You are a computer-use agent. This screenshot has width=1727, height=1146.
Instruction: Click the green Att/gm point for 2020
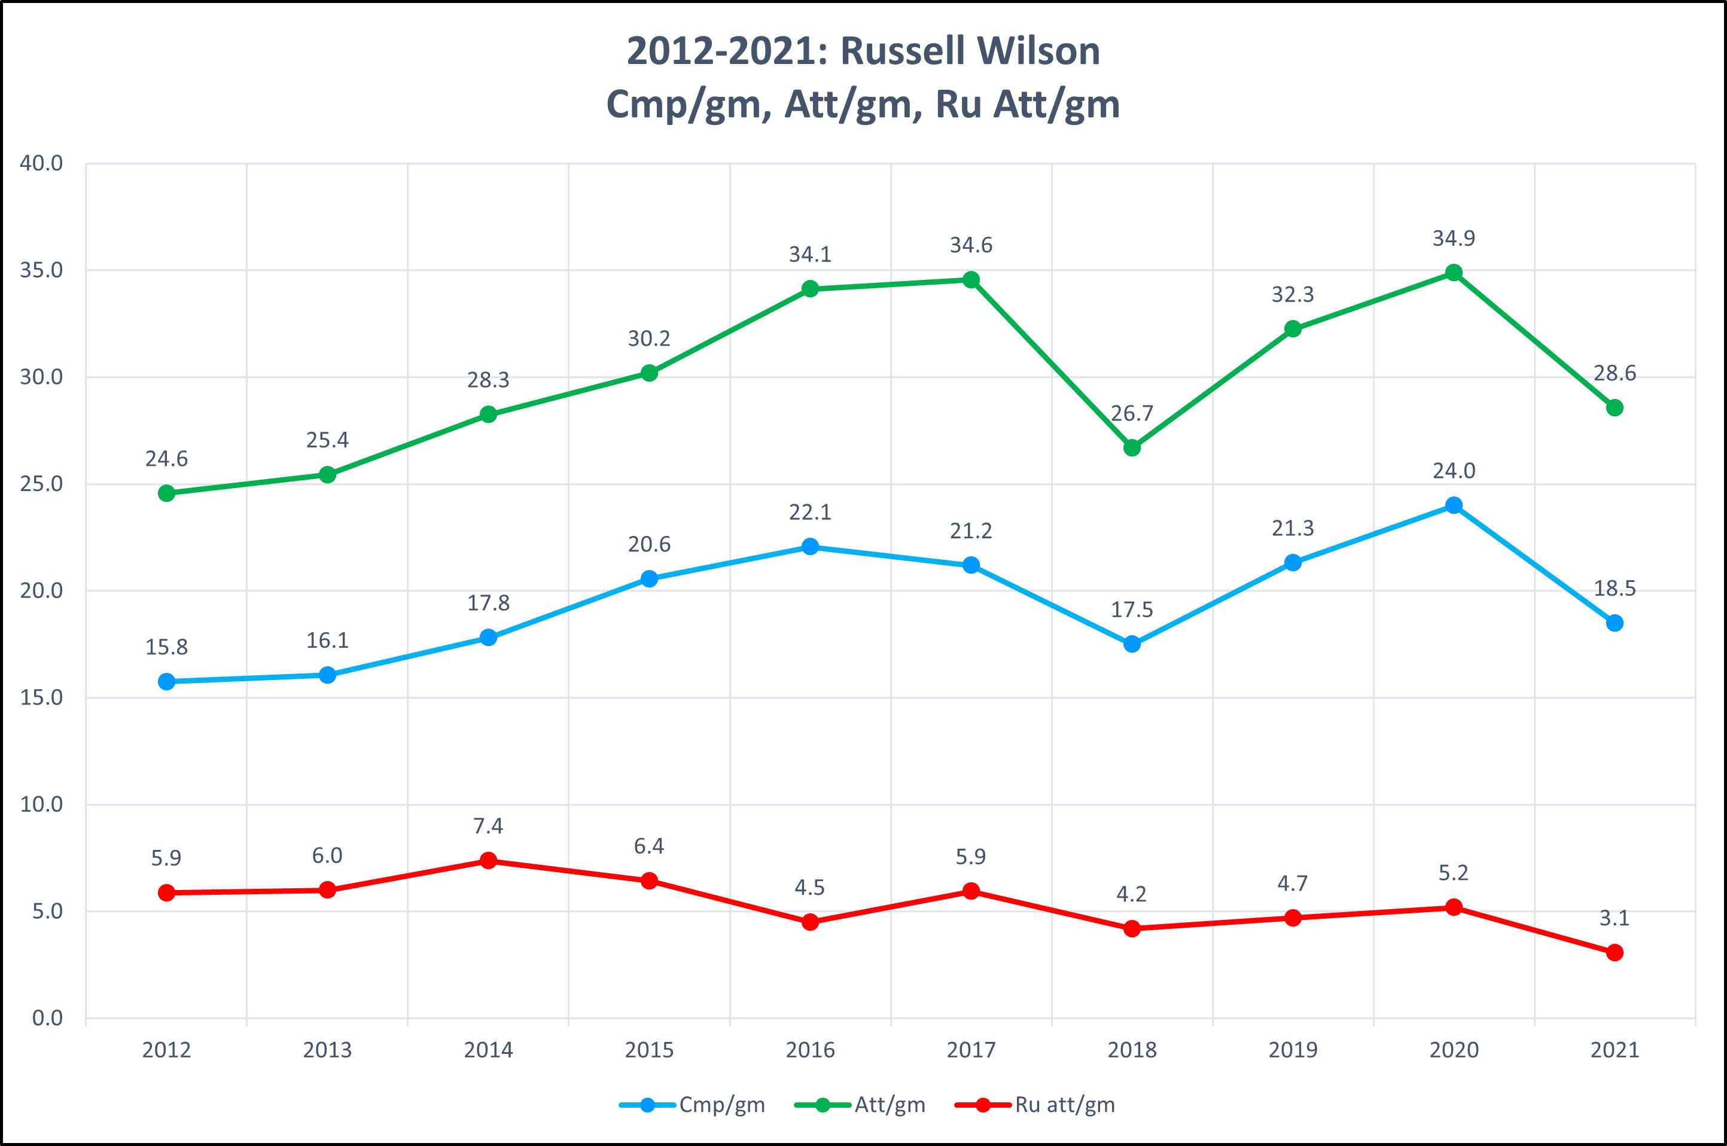tap(1454, 273)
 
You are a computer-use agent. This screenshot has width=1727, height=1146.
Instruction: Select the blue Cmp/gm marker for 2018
tap(1131, 644)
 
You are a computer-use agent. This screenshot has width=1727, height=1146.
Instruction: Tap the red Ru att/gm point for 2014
tap(488, 860)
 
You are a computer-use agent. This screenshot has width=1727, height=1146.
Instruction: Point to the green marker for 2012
tap(167, 493)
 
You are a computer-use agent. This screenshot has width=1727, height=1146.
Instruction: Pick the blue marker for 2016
tap(810, 547)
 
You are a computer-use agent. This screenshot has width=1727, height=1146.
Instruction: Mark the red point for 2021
tap(1615, 952)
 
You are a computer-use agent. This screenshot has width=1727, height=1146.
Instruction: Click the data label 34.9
tap(1454, 238)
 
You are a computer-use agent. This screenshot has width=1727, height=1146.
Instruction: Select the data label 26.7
tap(1131, 414)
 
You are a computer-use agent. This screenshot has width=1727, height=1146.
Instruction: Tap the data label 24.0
tap(1454, 471)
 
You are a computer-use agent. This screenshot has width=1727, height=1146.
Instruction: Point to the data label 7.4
tap(488, 826)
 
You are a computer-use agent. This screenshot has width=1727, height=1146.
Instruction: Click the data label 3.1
tap(1615, 918)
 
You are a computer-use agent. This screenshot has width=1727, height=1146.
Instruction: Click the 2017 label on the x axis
tap(970, 1050)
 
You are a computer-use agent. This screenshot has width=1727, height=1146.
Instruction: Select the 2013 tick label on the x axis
tap(327, 1050)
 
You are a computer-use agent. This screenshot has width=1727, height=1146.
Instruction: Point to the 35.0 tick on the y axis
tap(42, 270)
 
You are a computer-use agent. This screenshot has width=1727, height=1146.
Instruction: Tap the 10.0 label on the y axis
tap(42, 804)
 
